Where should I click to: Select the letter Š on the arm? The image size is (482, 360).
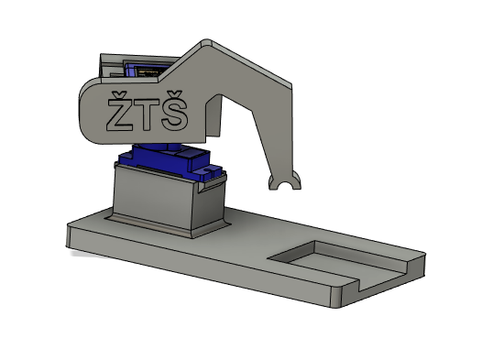(x=175, y=111)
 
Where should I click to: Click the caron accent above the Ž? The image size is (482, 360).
(x=119, y=94)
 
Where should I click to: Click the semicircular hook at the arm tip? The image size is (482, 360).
(x=285, y=182)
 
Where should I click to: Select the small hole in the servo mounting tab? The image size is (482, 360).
(x=209, y=169)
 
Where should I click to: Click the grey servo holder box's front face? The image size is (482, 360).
(x=153, y=196)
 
